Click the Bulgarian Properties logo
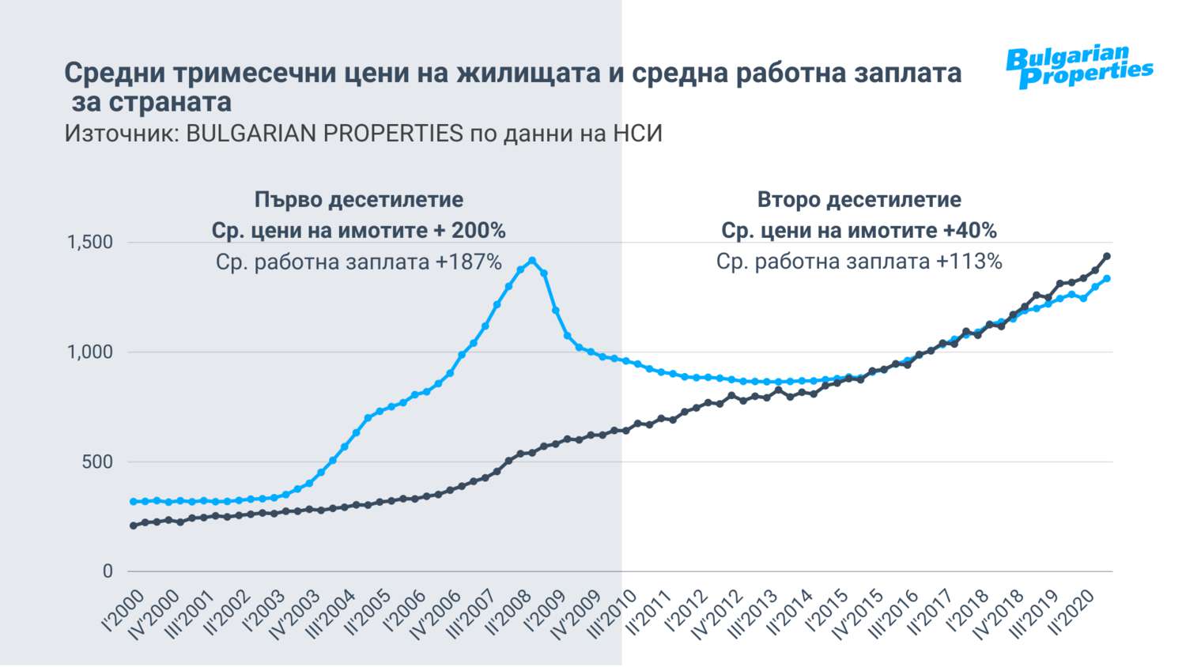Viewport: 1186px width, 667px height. (x=1078, y=67)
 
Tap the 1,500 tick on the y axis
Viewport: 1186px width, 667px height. (x=90, y=243)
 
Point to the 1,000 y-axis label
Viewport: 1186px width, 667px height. (x=90, y=352)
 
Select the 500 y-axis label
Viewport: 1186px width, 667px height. (x=97, y=462)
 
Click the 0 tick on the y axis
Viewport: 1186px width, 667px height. (x=108, y=572)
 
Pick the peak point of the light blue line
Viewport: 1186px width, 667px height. (x=532, y=260)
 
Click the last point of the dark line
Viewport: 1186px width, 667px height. (x=1107, y=256)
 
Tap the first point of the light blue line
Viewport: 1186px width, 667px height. (x=133, y=502)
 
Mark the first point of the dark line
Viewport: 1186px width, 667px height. (x=133, y=526)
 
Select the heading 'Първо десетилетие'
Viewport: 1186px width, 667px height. (x=359, y=200)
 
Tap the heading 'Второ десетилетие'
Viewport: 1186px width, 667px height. (x=859, y=200)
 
